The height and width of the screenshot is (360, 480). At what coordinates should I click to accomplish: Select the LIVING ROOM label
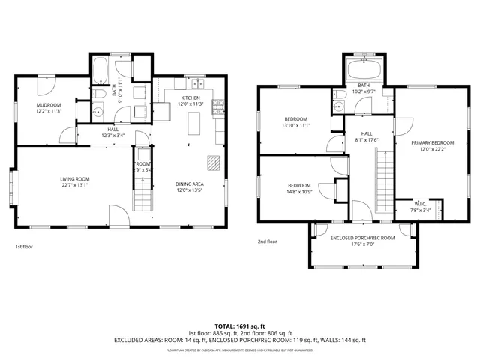(75, 178)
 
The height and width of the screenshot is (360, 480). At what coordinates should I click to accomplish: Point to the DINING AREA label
(190, 184)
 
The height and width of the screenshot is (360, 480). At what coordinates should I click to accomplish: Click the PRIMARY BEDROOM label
(432, 142)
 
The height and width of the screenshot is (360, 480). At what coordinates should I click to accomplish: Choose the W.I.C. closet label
(420, 204)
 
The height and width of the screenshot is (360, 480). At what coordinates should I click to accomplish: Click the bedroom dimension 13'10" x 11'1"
(297, 126)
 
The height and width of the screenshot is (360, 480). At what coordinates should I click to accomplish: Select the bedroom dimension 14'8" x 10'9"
(300, 192)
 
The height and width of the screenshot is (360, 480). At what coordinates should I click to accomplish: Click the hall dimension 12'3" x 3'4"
(113, 136)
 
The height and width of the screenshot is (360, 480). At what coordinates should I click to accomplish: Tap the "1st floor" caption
(25, 246)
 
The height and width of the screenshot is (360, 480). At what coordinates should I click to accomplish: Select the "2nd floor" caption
(268, 241)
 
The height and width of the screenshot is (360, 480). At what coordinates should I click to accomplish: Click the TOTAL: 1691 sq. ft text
(240, 326)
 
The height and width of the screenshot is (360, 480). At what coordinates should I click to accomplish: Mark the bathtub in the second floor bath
(364, 73)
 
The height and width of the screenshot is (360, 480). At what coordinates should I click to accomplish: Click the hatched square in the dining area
(214, 163)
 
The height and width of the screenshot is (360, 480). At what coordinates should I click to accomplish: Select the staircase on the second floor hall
(383, 180)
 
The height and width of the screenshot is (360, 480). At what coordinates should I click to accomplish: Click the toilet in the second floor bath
(339, 96)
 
